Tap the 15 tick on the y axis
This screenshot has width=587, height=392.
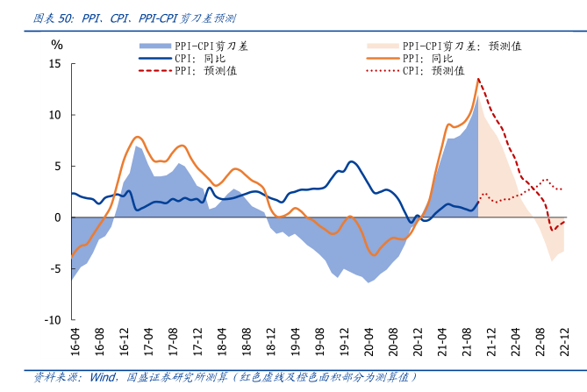(54, 64)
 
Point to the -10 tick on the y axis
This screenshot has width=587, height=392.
(52, 320)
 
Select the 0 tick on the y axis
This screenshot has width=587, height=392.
(57, 217)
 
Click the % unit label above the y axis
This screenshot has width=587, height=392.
(57, 44)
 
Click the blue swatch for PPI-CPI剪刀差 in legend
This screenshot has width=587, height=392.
(154, 45)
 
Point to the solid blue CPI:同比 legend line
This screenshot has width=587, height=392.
(154, 58)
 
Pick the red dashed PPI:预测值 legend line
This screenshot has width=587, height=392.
(154, 70)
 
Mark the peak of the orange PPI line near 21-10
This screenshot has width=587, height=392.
(478, 79)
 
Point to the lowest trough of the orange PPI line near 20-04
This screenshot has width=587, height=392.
(374, 255)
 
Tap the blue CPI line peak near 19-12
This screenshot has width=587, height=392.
(351, 161)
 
